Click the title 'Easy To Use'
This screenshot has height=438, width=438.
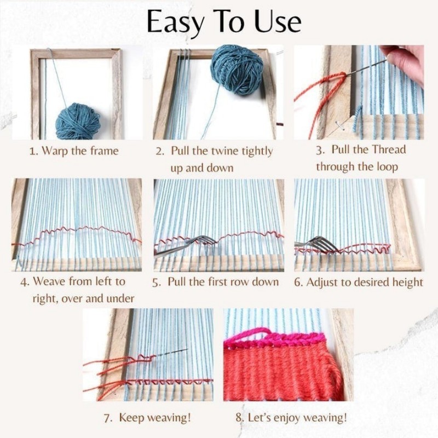[223, 22]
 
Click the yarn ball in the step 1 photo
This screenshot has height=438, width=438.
[78, 120]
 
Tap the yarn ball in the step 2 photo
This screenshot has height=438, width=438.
[236, 69]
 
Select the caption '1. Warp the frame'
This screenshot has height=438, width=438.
[73, 151]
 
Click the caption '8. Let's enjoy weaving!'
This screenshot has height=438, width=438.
[291, 418]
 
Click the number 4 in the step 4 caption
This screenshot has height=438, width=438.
[24, 282]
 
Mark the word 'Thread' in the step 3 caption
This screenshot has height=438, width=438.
[389, 149]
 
